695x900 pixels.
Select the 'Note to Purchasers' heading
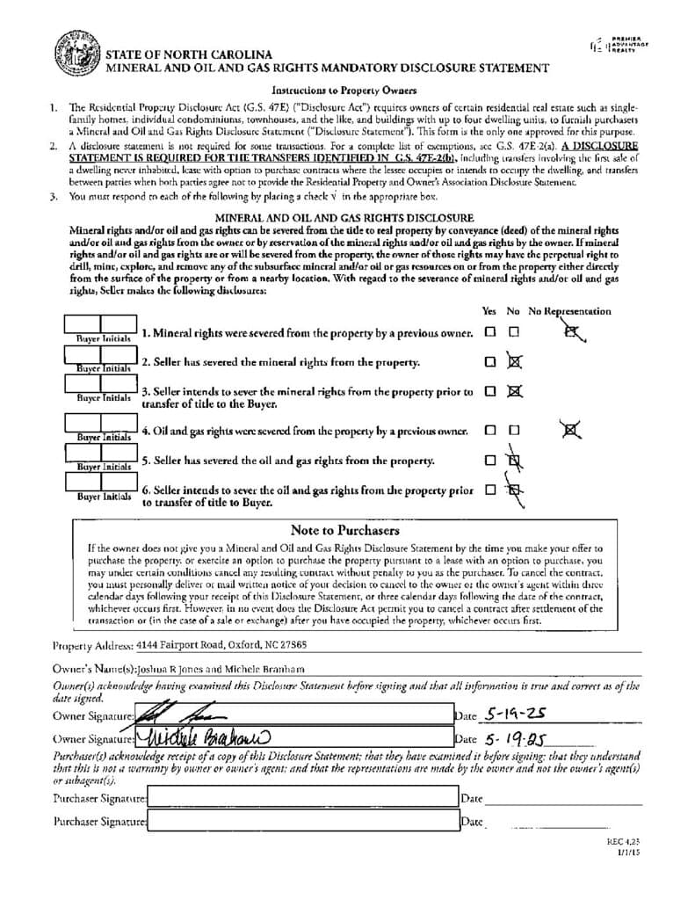(344, 530)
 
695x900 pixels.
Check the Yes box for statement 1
(489, 332)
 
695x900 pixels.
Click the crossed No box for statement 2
(515, 361)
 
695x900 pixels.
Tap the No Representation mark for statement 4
(572, 430)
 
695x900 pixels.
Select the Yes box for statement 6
(489, 490)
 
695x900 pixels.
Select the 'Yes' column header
(489, 311)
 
